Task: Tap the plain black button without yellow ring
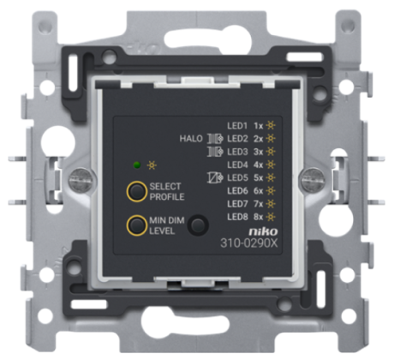click(x=198, y=225)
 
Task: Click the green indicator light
click(x=137, y=165)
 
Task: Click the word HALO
click(x=191, y=139)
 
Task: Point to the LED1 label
click(x=237, y=125)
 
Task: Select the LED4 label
click(x=237, y=165)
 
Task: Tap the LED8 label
click(x=237, y=217)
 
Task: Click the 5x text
click(x=259, y=177)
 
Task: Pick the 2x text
click(x=259, y=139)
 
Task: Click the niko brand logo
click(x=263, y=231)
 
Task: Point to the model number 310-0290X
click(x=248, y=243)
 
